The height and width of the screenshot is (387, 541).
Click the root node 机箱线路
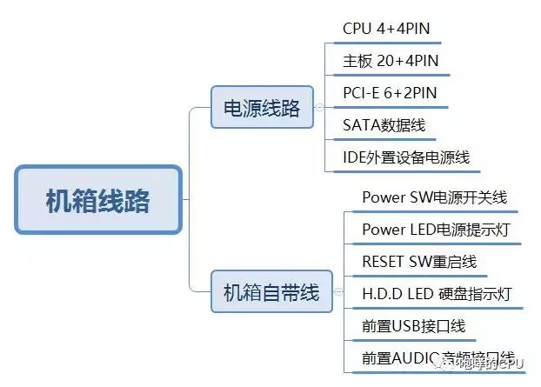tap(97, 201)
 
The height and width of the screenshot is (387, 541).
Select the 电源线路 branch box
tap(262, 107)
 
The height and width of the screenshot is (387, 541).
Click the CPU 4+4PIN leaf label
tap(386, 29)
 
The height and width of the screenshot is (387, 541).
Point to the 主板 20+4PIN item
tap(391, 61)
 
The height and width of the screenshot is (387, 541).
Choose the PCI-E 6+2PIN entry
tap(391, 93)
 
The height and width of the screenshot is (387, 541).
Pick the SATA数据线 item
tap(384, 125)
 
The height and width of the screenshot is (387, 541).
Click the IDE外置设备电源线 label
tap(406, 157)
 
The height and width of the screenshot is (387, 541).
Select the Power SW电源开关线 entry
tap(434, 197)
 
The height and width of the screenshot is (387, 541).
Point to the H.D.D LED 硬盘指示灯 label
tap(437, 294)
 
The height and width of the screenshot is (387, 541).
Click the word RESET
tap(384, 262)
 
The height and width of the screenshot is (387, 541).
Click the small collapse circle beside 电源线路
tap(320, 107)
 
